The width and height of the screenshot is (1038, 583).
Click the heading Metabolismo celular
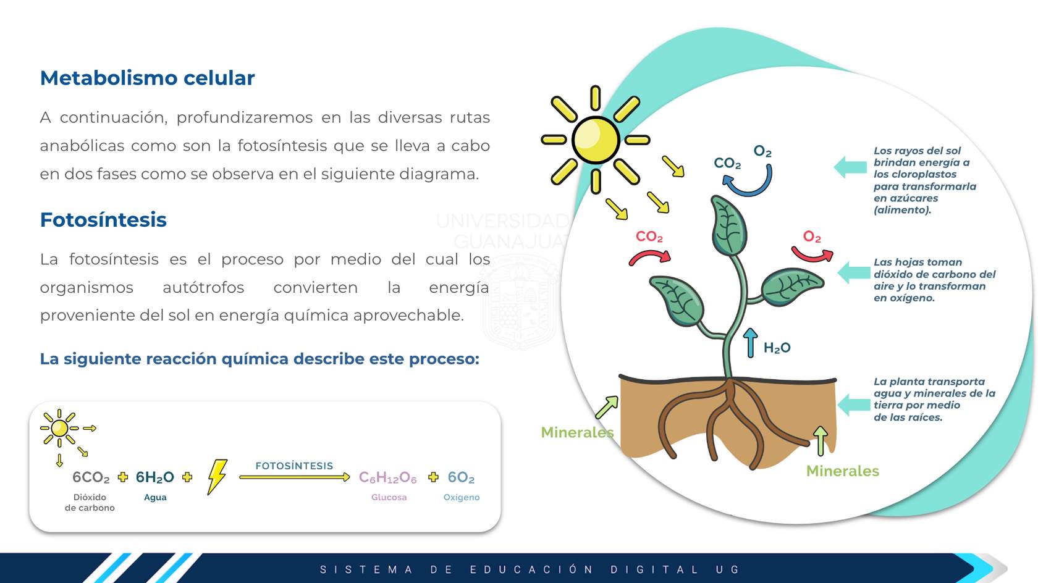click(147, 78)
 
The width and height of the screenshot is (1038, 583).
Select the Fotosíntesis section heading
click(103, 219)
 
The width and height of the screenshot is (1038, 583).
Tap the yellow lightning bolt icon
click(217, 477)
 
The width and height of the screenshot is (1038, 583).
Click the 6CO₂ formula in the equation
click(91, 477)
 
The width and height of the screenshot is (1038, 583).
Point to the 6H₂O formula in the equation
click(154, 477)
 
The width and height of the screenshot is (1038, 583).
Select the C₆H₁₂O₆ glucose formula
click(388, 477)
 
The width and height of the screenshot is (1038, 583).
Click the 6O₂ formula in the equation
click(461, 477)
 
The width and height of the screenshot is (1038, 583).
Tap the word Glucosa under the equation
click(389, 497)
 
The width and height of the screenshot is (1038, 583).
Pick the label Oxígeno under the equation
click(462, 497)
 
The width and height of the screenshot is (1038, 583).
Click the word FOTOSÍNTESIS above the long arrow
click(294, 466)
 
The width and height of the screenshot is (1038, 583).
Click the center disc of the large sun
click(596, 140)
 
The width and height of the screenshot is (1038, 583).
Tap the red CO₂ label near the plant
click(649, 237)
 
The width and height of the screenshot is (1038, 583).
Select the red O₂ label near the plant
click(812, 237)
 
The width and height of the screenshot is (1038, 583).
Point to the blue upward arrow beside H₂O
click(750, 343)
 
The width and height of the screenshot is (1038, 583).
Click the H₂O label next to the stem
click(777, 348)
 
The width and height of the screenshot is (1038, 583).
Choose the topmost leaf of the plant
click(728, 225)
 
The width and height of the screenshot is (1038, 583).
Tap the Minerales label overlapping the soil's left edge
click(577, 432)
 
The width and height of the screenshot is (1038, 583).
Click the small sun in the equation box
click(60, 429)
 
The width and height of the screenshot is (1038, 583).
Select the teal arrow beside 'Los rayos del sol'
click(850, 167)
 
